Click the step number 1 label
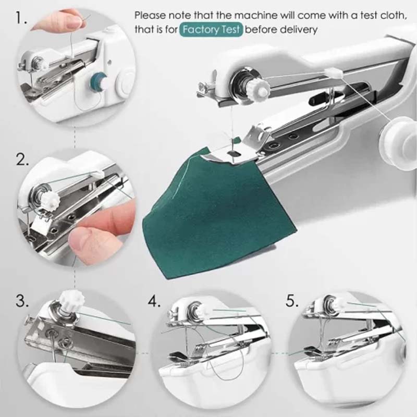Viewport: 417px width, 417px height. [x=20, y=19]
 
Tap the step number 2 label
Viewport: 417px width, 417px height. [x=22, y=160]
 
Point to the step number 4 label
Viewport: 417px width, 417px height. [x=154, y=301]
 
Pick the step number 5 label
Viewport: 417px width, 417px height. [x=293, y=301]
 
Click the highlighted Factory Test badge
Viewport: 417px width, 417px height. [x=212, y=30]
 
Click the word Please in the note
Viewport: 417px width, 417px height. [x=150, y=15]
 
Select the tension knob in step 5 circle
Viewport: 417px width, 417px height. [x=338, y=302]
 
